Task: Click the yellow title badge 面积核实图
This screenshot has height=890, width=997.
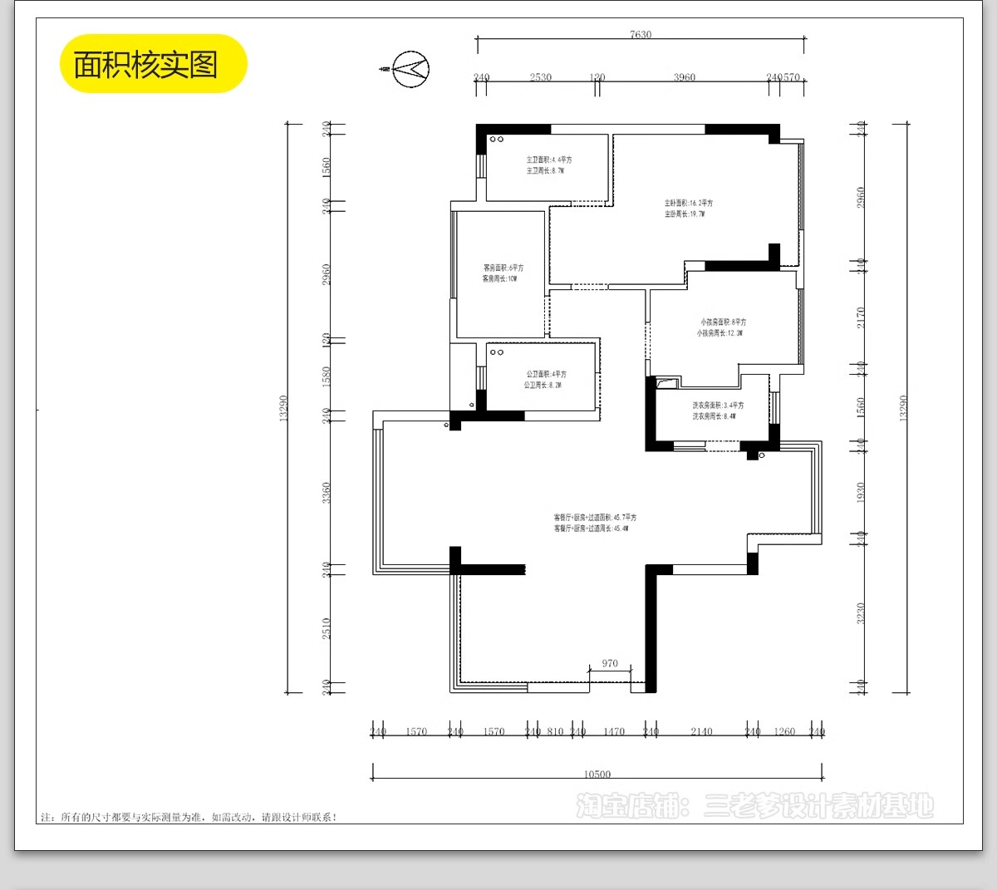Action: [154, 64]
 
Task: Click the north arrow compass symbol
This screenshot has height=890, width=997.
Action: [410, 68]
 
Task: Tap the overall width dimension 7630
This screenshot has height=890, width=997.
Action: [641, 35]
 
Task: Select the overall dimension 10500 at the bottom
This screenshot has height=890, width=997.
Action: [597, 774]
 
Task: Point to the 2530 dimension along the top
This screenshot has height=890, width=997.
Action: [540, 77]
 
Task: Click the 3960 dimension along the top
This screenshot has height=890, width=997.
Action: [684, 77]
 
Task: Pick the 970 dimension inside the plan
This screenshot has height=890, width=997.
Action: [610, 663]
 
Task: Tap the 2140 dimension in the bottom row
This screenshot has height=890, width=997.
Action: [701, 731]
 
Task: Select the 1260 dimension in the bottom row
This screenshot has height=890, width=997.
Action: [784, 731]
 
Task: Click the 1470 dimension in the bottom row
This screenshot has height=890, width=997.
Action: [614, 731]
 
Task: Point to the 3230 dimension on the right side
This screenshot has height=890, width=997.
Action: [861, 613]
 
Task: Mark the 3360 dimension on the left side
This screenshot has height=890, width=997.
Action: [327, 493]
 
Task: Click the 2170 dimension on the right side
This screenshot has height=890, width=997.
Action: [861, 317]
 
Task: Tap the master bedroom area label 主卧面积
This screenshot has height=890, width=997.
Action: [688, 203]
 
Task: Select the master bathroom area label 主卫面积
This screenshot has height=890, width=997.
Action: [548, 160]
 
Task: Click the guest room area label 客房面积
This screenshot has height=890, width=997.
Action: [503, 268]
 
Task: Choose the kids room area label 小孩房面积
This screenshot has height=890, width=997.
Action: [722, 322]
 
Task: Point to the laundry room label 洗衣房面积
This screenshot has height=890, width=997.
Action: [718, 406]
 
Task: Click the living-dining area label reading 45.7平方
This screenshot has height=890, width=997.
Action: [595, 517]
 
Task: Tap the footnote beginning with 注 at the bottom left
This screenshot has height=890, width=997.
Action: [189, 817]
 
